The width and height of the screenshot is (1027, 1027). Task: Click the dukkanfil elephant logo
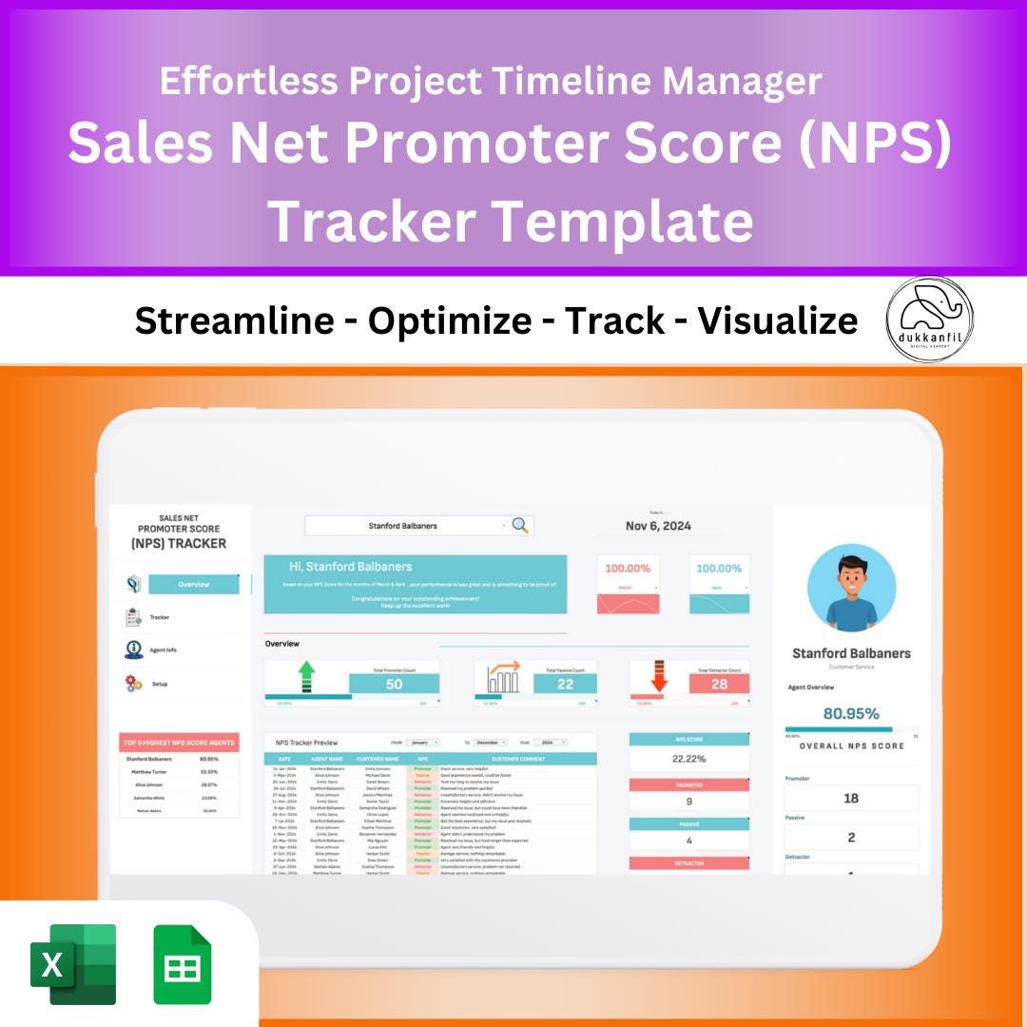[x=929, y=320]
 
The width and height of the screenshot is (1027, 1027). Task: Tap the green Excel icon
[x=74, y=963]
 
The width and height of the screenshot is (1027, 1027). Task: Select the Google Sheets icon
[x=183, y=963]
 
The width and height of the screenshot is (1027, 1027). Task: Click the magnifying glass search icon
[x=520, y=525]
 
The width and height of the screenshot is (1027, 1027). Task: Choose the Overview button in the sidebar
[x=194, y=584]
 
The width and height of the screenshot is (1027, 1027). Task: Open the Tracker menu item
[x=159, y=617]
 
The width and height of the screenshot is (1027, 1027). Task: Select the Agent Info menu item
[x=163, y=650]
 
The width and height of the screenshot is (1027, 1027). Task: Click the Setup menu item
[x=160, y=684]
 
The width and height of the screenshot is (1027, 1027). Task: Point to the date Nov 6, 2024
[x=658, y=526]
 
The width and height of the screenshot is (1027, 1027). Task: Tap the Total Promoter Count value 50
[x=394, y=684]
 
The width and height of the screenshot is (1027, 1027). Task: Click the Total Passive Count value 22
[x=565, y=684]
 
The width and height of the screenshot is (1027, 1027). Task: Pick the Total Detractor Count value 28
[x=718, y=684]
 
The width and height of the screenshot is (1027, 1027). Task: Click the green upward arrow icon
[x=306, y=678]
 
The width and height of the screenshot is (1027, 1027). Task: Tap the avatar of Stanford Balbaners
[x=851, y=589]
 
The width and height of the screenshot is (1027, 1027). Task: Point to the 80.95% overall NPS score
[x=851, y=713]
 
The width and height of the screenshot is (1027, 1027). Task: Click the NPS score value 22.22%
[x=688, y=759]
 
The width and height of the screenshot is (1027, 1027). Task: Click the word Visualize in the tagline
[x=778, y=321]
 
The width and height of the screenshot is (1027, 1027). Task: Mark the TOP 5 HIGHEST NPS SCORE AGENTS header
[x=179, y=742]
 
